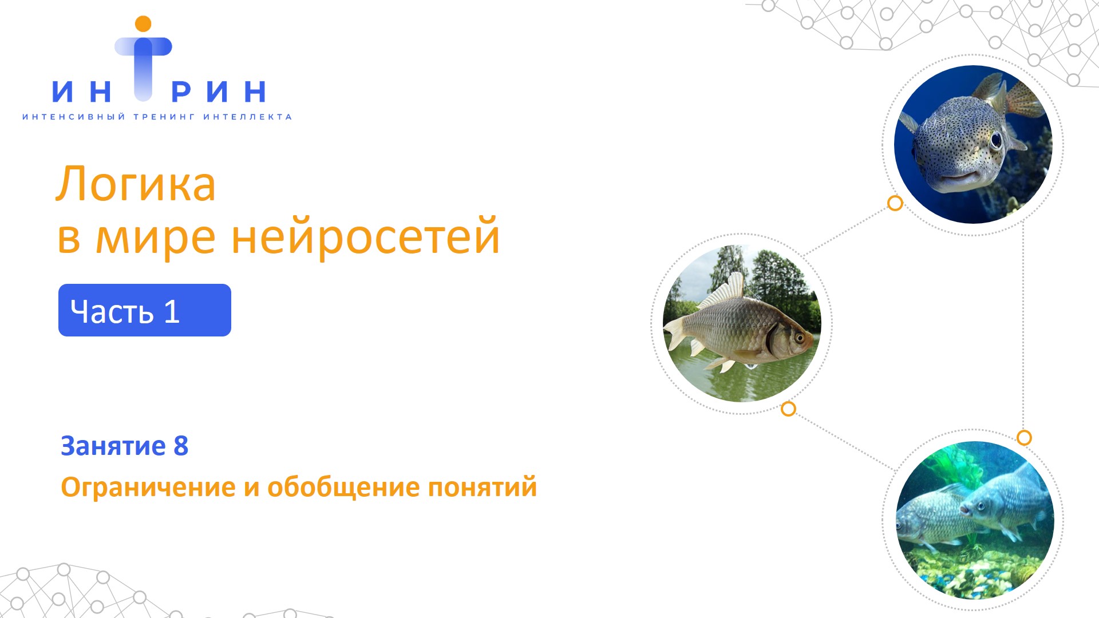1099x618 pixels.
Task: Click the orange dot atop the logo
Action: click(143, 24)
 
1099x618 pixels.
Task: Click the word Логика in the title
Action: click(136, 184)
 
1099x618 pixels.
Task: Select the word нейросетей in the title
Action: click(366, 237)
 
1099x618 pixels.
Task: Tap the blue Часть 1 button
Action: click(145, 310)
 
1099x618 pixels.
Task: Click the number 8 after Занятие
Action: click(181, 446)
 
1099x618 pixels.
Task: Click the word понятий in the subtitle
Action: click(483, 488)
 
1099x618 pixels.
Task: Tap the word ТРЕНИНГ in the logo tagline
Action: click(164, 117)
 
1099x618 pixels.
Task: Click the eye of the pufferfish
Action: click(996, 140)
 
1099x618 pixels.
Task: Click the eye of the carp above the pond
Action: click(799, 338)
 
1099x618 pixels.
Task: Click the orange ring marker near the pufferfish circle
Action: click(895, 203)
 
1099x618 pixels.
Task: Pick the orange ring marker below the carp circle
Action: click(788, 409)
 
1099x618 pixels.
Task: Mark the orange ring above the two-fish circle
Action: click(1024, 438)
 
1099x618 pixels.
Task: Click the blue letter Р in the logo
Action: click(181, 92)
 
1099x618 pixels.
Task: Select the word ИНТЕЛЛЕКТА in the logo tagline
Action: click(247, 117)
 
